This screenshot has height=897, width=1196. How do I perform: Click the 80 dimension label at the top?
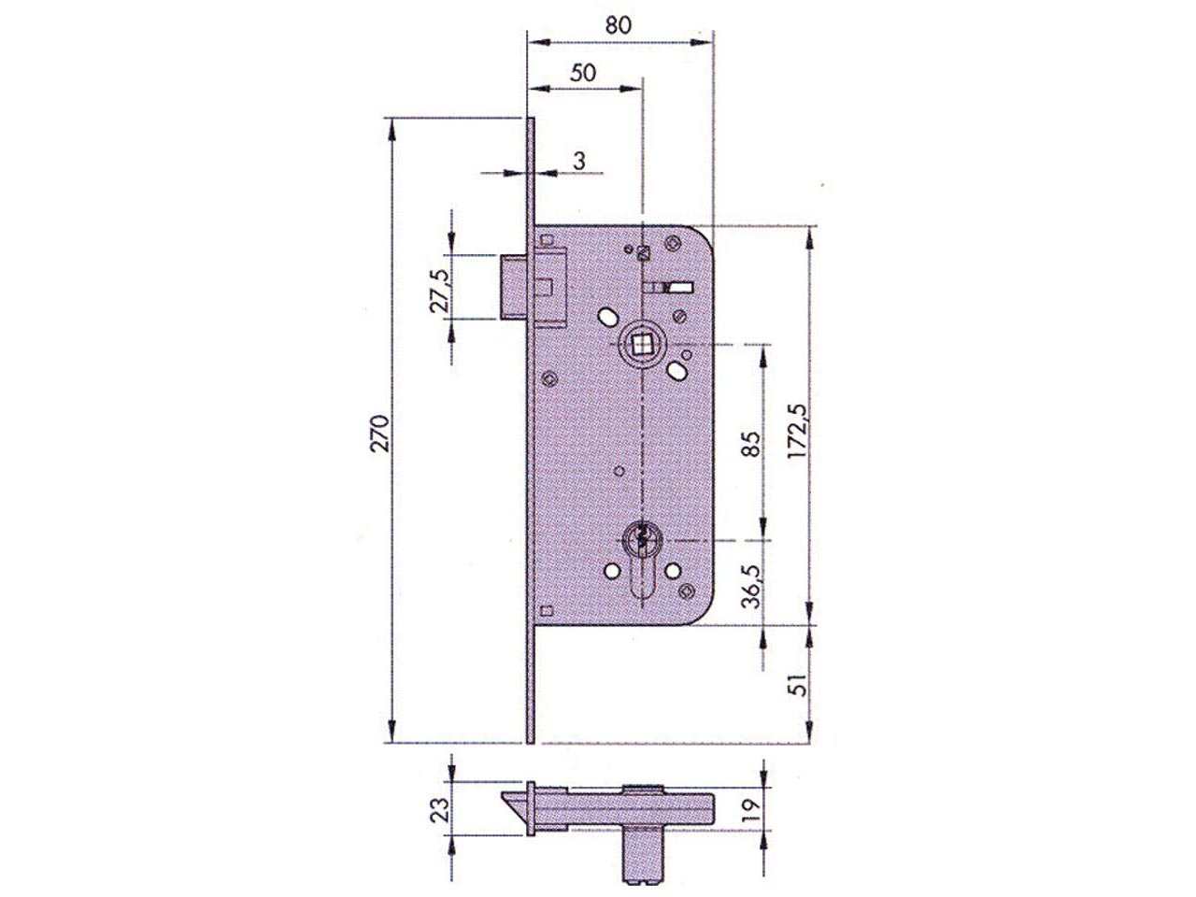click(618, 25)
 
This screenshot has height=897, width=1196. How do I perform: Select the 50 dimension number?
click(582, 73)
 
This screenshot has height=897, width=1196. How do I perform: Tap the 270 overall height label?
click(380, 434)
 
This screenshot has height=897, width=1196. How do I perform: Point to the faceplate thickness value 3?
click(579, 161)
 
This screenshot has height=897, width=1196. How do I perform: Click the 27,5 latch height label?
click(440, 291)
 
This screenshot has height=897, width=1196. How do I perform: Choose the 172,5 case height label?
click(797, 432)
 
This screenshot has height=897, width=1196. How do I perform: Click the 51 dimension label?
click(798, 685)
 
